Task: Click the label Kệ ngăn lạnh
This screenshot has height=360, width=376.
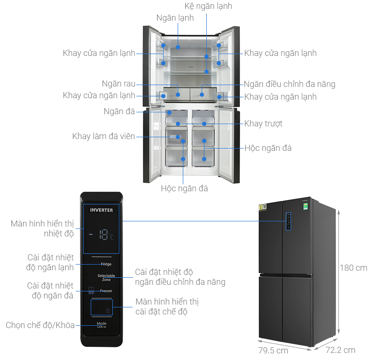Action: pos(208,7)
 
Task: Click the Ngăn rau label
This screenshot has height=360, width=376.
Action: pos(118,84)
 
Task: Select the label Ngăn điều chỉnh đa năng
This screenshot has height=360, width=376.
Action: pos(290,85)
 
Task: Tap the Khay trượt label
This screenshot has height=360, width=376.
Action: pos(263,124)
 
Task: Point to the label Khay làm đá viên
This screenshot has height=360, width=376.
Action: pos(103,136)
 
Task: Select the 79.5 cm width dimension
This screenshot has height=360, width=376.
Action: pos(273,351)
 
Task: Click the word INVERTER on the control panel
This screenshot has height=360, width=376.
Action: pos(102,210)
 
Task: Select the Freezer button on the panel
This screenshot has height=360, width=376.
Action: pos(105,291)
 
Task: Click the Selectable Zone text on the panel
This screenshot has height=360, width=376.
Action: pos(106,277)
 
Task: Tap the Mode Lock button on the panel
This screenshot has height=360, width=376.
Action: pos(102,325)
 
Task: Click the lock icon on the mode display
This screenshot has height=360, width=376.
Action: pos(108,310)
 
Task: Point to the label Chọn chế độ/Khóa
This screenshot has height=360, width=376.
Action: pos(40,325)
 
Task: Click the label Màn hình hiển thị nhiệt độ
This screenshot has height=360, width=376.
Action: pos(42,228)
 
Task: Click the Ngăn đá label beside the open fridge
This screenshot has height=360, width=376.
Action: pos(119,111)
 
